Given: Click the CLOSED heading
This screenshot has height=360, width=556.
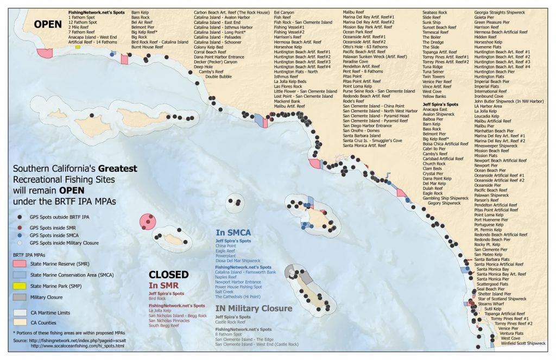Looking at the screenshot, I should (x=168, y=275).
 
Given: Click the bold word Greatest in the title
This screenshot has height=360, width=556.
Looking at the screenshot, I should (x=116, y=169).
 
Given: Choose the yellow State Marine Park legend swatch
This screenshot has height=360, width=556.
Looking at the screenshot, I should (x=20, y=286).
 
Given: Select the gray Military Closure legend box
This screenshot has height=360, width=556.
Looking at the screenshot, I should (x=20, y=298).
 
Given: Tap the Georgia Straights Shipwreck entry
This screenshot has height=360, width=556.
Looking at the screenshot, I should (x=500, y=12).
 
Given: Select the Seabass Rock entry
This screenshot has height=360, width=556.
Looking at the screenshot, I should (x=435, y=12).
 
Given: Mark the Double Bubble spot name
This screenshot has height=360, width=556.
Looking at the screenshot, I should (x=218, y=77).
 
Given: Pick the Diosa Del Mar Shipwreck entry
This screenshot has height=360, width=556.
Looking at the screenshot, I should (x=238, y=261).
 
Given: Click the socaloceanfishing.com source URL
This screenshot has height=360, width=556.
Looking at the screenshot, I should (x=78, y=346).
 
